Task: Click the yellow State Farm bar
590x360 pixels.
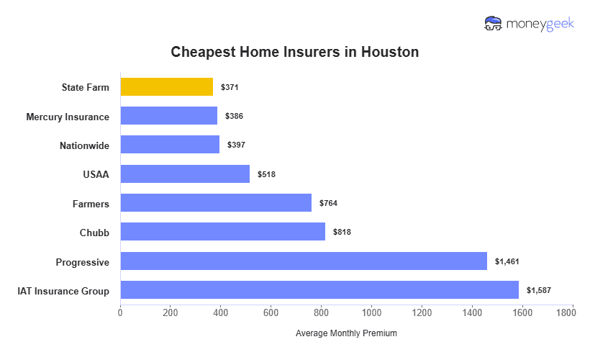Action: coord(167,87)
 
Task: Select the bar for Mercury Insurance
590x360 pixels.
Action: coord(168,116)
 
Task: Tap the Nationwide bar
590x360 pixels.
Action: coord(170,145)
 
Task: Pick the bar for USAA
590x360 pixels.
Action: coord(185,174)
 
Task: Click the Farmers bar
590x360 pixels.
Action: coord(216,203)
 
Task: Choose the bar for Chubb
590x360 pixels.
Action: coord(222,232)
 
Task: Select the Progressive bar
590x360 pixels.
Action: coord(304,261)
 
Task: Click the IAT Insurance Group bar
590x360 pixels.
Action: coord(319,290)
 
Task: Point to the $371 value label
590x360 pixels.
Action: coord(230,87)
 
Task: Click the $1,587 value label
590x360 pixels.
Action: coord(538,290)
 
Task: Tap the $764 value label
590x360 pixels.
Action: coord(328,203)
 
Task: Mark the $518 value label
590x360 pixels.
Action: coord(266,174)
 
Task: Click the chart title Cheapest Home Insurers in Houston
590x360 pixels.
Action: coord(294,53)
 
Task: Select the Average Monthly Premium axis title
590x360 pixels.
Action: coord(346,333)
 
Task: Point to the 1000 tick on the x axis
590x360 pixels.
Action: coord(372,312)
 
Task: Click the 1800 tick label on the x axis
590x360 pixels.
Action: coord(573,312)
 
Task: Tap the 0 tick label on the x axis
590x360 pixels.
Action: coord(120,312)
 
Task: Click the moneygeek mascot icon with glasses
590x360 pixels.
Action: coord(494,24)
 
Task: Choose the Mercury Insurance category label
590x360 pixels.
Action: coord(68,117)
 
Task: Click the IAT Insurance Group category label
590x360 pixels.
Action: coord(63,291)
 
